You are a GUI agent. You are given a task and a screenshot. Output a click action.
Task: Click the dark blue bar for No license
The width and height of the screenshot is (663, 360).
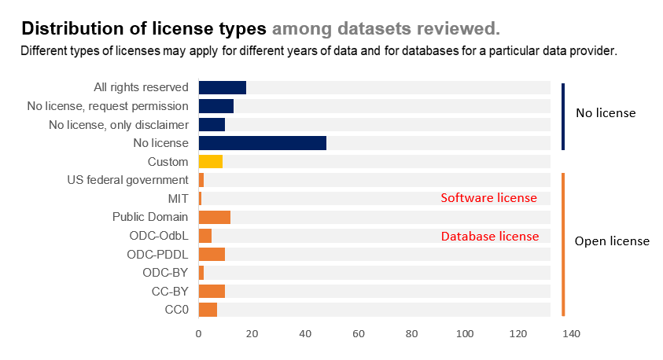click(262, 143)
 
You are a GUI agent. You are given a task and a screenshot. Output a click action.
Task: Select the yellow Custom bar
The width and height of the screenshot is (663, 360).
click(211, 162)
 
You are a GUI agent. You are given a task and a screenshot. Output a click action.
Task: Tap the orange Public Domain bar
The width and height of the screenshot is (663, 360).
click(215, 217)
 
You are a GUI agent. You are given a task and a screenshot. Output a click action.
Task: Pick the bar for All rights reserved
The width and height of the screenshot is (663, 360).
click(223, 87)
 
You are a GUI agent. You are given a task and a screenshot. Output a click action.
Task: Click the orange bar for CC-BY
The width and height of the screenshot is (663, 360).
click(212, 292)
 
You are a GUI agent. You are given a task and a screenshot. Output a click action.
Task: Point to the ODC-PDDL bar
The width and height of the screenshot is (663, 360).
click(212, 254)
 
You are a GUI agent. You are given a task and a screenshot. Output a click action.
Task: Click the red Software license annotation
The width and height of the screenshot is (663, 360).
click(488, 198)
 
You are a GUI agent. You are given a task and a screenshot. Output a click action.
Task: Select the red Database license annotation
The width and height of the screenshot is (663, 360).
click(489, 236)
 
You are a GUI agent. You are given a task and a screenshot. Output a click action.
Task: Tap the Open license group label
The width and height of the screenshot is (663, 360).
click(612, 241)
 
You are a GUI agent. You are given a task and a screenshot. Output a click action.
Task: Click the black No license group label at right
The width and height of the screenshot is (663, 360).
click(606, 113)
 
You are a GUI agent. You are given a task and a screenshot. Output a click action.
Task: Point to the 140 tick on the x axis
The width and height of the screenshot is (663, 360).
click(571, 334)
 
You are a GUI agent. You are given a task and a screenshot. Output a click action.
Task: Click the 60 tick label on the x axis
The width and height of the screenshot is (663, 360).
click(359, 334)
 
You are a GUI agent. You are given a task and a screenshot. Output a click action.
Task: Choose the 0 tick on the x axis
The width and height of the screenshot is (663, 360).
click(199, 334)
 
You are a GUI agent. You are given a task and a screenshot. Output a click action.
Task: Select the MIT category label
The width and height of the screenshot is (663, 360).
click(178, 198)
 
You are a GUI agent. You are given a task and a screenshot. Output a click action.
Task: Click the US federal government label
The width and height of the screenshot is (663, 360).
click(128, 180)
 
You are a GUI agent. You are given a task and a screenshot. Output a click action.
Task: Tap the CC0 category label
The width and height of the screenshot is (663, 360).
click(177, 310)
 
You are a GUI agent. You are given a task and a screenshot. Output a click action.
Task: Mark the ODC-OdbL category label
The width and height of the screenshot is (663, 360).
click(159, 236)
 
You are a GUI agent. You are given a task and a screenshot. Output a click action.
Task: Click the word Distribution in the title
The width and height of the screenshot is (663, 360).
click(69, 29)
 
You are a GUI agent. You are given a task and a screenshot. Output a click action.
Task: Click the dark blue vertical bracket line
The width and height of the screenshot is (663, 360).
click(563, 116)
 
